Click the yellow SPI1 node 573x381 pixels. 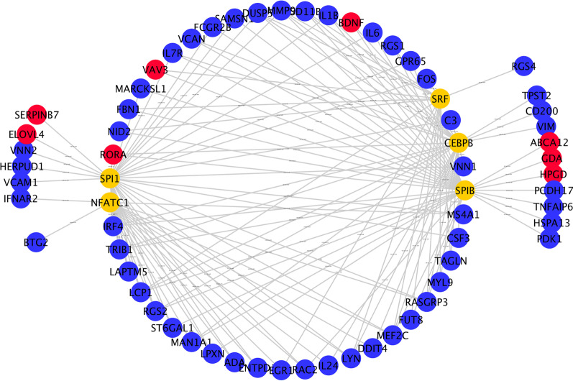point(111,177)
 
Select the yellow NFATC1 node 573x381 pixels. point(111,203)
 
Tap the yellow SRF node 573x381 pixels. point(440,98)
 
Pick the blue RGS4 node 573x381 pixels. point(523,67)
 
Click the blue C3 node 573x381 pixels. point(451,119)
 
